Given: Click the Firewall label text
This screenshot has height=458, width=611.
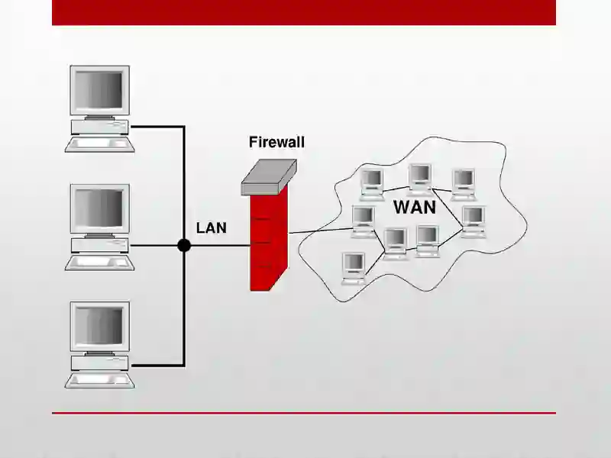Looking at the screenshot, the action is point(276,142).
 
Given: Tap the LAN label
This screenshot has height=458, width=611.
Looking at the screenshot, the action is point(212,227).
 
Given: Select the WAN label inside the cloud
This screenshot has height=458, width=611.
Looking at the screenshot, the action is point(415,207).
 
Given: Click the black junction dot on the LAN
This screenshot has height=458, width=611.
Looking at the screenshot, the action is point(184,246).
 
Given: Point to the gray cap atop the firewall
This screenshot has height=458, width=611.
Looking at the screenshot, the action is point(269,177).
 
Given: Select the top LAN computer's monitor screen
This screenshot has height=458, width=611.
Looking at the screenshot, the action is point(99,90).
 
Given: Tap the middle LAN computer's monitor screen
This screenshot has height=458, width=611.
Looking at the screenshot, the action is point(99,208).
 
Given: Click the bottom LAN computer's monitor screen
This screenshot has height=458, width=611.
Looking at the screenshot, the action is point(99,326).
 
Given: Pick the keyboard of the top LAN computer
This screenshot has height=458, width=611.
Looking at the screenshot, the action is point(100,144).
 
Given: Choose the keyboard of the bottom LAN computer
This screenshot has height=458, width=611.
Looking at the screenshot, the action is point(100,380).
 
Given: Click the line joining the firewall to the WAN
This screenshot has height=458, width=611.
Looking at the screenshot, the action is point(320,231).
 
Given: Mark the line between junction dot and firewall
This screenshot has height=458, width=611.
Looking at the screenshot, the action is point(221,246).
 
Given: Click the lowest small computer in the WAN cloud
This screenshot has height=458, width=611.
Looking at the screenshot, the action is point(354,269).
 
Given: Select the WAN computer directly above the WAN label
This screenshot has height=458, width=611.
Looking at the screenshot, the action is point(421,179).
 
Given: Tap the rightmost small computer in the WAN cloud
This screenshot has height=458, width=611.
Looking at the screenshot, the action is point(474,221).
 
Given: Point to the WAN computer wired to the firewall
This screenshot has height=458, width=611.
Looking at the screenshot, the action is point(364,221).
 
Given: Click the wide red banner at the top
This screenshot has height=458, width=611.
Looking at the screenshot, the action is point(304,12).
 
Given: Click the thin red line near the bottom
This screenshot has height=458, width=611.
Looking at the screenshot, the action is point(304,413).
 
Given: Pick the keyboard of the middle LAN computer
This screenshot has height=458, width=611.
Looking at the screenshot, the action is point(100,263).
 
